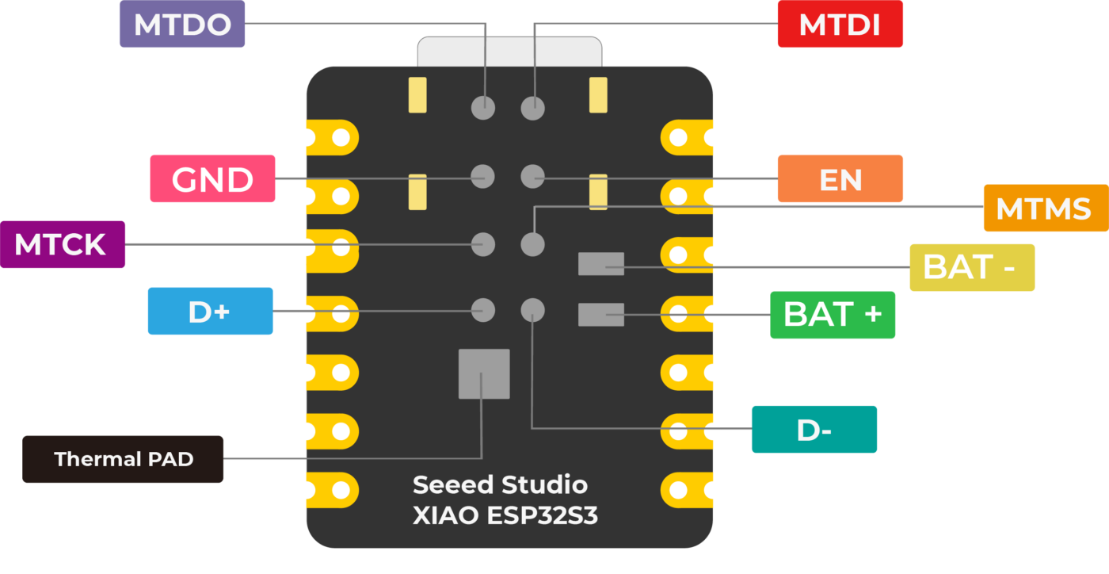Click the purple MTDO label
tap(182, 25)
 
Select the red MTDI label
tap(840, 25)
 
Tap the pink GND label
tap(212, 179)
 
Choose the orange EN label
tap(840, 179)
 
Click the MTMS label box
tap(1043, 209)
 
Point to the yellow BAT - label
tap(971, 267)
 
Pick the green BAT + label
tap(833, 315)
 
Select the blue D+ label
tap(210, 311)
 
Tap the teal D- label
tap(814, 430)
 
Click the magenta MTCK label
tap(62, 244)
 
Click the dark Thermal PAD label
tap(123, 459)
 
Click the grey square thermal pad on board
tap(484, 373)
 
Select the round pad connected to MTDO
tap(483, 107)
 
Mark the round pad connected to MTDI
tap(533, 107)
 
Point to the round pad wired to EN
tap(533, 176)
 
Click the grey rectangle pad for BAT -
tap(601, 264)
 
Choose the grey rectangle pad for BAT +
tap(601, 315)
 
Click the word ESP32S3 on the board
tap(542, 516)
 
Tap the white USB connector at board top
tap(509, 52)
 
